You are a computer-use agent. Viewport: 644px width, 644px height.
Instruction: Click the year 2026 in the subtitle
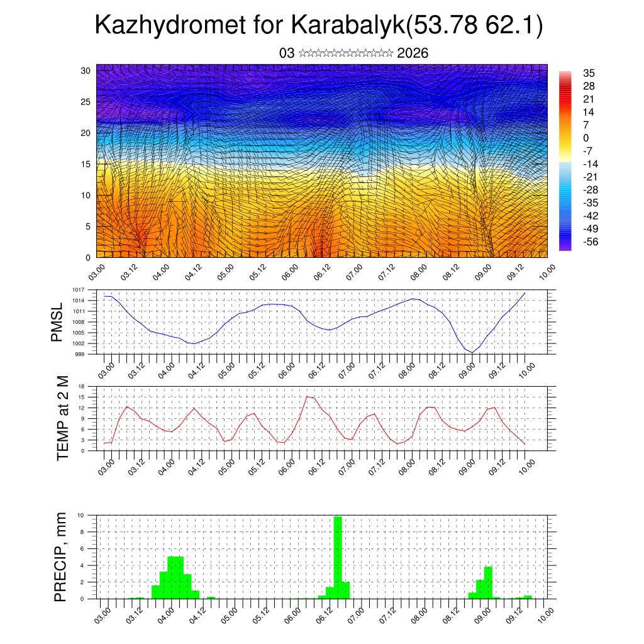coord(413,53)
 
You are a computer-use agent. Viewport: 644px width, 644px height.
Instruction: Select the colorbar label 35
coord(589,73)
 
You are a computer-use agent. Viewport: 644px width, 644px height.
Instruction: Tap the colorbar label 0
coord(586,138)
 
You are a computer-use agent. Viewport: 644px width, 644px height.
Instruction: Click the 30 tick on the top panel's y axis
coord(86,70)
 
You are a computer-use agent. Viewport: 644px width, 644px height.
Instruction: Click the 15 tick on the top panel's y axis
coord(86,164)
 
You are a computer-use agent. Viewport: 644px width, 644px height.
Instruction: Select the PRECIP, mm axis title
coord(60,556)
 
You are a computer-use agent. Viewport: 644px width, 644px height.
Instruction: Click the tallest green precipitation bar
coord(338,557)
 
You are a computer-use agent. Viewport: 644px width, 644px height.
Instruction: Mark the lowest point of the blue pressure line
coord(472,352)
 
